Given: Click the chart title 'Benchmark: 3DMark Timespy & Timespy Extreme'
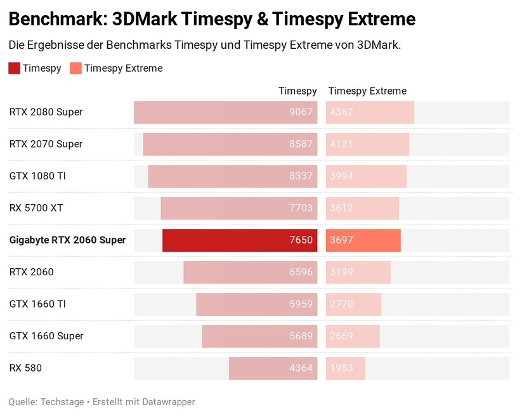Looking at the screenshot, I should pos(212,19).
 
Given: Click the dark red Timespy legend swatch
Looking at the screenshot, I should pos(15,68).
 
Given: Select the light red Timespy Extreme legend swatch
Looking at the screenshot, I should pos(75,68).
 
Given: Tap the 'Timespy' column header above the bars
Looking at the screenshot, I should pos(297,91).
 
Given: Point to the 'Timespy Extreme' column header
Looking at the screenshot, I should pos(367,91).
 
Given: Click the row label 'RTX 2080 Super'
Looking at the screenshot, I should pos(46,112).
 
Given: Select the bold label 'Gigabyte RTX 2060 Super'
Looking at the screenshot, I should pos(67,240).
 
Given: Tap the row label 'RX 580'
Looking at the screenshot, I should pos(25,368).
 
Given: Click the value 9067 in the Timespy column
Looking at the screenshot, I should pos(301,112).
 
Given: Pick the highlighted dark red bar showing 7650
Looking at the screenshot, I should pos(240,240).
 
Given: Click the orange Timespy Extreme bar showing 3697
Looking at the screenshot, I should pos(363,240).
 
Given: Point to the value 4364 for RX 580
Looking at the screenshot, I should pos(301,368).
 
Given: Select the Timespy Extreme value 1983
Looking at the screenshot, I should pos(341,368).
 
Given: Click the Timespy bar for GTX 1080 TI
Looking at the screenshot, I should pos(233,176).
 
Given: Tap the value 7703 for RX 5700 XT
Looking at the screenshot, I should pos(301,208).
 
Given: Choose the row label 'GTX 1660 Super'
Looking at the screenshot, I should pos(46,336).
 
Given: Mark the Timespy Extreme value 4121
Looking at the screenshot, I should pos(341,144).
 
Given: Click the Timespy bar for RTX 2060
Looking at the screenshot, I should pos(251,272).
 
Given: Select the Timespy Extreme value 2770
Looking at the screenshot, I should pos(341,304).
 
